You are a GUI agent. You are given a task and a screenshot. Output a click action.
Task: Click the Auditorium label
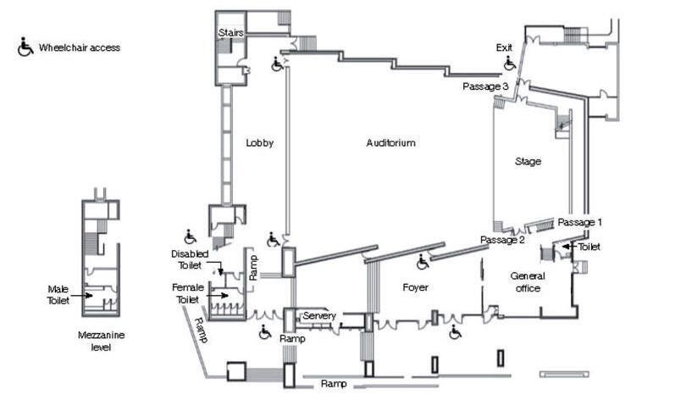[390, 142]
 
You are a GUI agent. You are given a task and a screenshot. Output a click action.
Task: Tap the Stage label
[528, 161]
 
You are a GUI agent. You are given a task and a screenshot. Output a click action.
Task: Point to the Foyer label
[416, 288]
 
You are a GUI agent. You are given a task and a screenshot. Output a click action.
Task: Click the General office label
[528, 282]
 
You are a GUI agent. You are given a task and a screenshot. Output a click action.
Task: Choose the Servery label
[319, 316]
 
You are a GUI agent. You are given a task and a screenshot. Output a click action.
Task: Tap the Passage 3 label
[485, 86]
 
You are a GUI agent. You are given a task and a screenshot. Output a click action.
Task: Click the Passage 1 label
[579, 222]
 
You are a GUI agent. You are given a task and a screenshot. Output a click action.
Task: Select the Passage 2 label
[503, 240]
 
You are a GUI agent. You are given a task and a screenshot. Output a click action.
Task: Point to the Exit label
[505, 48]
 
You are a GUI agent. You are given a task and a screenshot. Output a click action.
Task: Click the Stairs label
[231, 33]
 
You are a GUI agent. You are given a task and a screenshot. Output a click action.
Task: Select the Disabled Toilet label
[189, 259]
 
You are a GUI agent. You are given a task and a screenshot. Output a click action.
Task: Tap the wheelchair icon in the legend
[25, 47]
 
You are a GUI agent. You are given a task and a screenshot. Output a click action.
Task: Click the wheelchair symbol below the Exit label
[509, 64]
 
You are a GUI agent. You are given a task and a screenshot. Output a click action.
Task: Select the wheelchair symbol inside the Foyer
[423, 264]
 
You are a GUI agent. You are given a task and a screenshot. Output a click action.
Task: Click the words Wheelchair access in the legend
[79, 48]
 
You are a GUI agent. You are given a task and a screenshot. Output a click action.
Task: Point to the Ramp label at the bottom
[334, 384]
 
